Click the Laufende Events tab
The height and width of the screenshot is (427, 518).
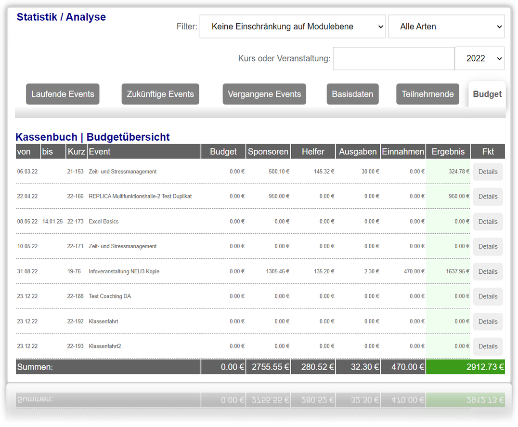pyautogui.click(x=63, y=94)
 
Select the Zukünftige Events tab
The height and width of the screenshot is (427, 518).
pyautogui.click(x=160, y=94)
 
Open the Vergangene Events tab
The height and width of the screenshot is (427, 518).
pyautogui.click(x=264, y=94)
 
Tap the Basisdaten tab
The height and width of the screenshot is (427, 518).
pyautogui.click(x=352, y=94)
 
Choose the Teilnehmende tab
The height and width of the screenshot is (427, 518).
pyautogui.click(x=427, y=94)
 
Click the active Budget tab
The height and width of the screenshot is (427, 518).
pyautogui.click(x=487, y=94)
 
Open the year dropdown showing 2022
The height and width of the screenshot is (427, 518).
pyautogui.click(x=479, y=58)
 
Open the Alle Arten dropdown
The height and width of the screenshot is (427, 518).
pyautogui.click(x=446, y=27)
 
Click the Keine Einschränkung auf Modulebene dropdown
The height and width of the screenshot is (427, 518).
pyautogui.click(x=293, y=27)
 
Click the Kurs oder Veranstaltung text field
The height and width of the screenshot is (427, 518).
pyautogui.click(x=394, y=58)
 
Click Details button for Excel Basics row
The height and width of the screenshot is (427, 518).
pyautogui.click(x=488, y=222)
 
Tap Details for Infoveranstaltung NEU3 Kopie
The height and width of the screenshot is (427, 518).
pyautogui.click(x=488, y=271)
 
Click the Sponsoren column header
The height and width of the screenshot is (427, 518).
pyautogui.click(x=268, y=151)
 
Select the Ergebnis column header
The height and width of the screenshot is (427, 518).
pyautogui.click(x=448, y=151)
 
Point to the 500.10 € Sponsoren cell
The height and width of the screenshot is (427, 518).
pyautogui.click(x=279, y=171)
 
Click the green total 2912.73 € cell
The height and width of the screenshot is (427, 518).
pyautogui.click(x=466, y=367)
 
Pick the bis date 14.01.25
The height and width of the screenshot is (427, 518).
pyautogui.click(x=52, y=221)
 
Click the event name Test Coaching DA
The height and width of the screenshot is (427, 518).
pyautogui.click(x=110, y=296)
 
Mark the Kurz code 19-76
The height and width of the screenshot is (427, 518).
pyautogui.click(x=74, y=271)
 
